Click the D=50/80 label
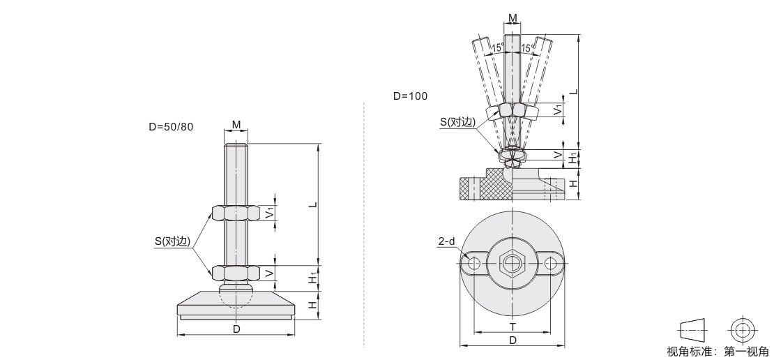(172, 126)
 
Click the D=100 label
(410, 96)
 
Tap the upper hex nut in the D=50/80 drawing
(236, 213)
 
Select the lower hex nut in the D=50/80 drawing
(236, 273)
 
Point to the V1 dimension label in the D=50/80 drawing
(270, 213)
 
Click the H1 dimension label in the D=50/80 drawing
(313, 278)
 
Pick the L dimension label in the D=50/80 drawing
(313, 204)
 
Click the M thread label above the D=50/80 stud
(236, 125)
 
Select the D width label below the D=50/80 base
(236, 329)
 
